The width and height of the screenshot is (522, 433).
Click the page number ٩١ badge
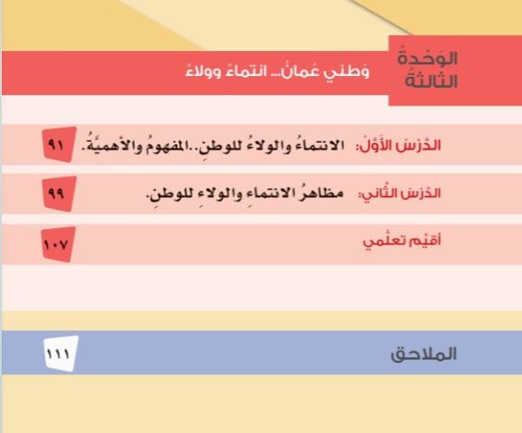(59, 144)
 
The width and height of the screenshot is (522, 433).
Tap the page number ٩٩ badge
(59, 194)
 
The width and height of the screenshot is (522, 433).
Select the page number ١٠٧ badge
(58, 245)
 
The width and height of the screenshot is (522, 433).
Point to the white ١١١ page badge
(60, 353)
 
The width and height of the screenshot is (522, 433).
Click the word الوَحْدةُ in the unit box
(428, 58)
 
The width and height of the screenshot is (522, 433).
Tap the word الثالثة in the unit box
(430, 80)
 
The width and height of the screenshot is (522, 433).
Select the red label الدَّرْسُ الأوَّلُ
(398, 145)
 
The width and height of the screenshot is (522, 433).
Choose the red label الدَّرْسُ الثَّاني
(399, 194)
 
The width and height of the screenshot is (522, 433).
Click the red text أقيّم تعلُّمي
(402, 240)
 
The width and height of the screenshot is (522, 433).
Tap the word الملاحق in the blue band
(423, 354)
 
